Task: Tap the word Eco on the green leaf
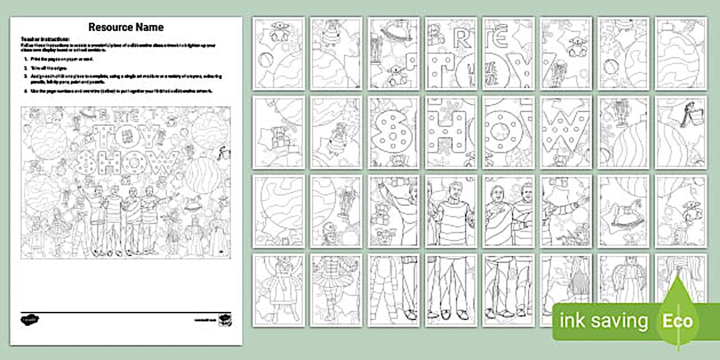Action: pyautogui.click(x=678, y=321)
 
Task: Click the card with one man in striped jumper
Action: pyautogui.click(x=451, y=211)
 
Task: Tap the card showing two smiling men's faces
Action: pyautogui.click(x=508, y=211)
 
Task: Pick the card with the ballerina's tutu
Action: pyautogui.click(x=336, y=290)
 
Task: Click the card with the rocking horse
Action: pyautogui.click(x=622, y=211)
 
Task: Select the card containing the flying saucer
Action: pyautogui.click(x=393, y=54)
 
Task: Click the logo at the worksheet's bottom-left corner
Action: pyautogui.click(x=28, y=320)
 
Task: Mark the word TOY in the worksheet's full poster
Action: pyautogui.click(x=129, y=137)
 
